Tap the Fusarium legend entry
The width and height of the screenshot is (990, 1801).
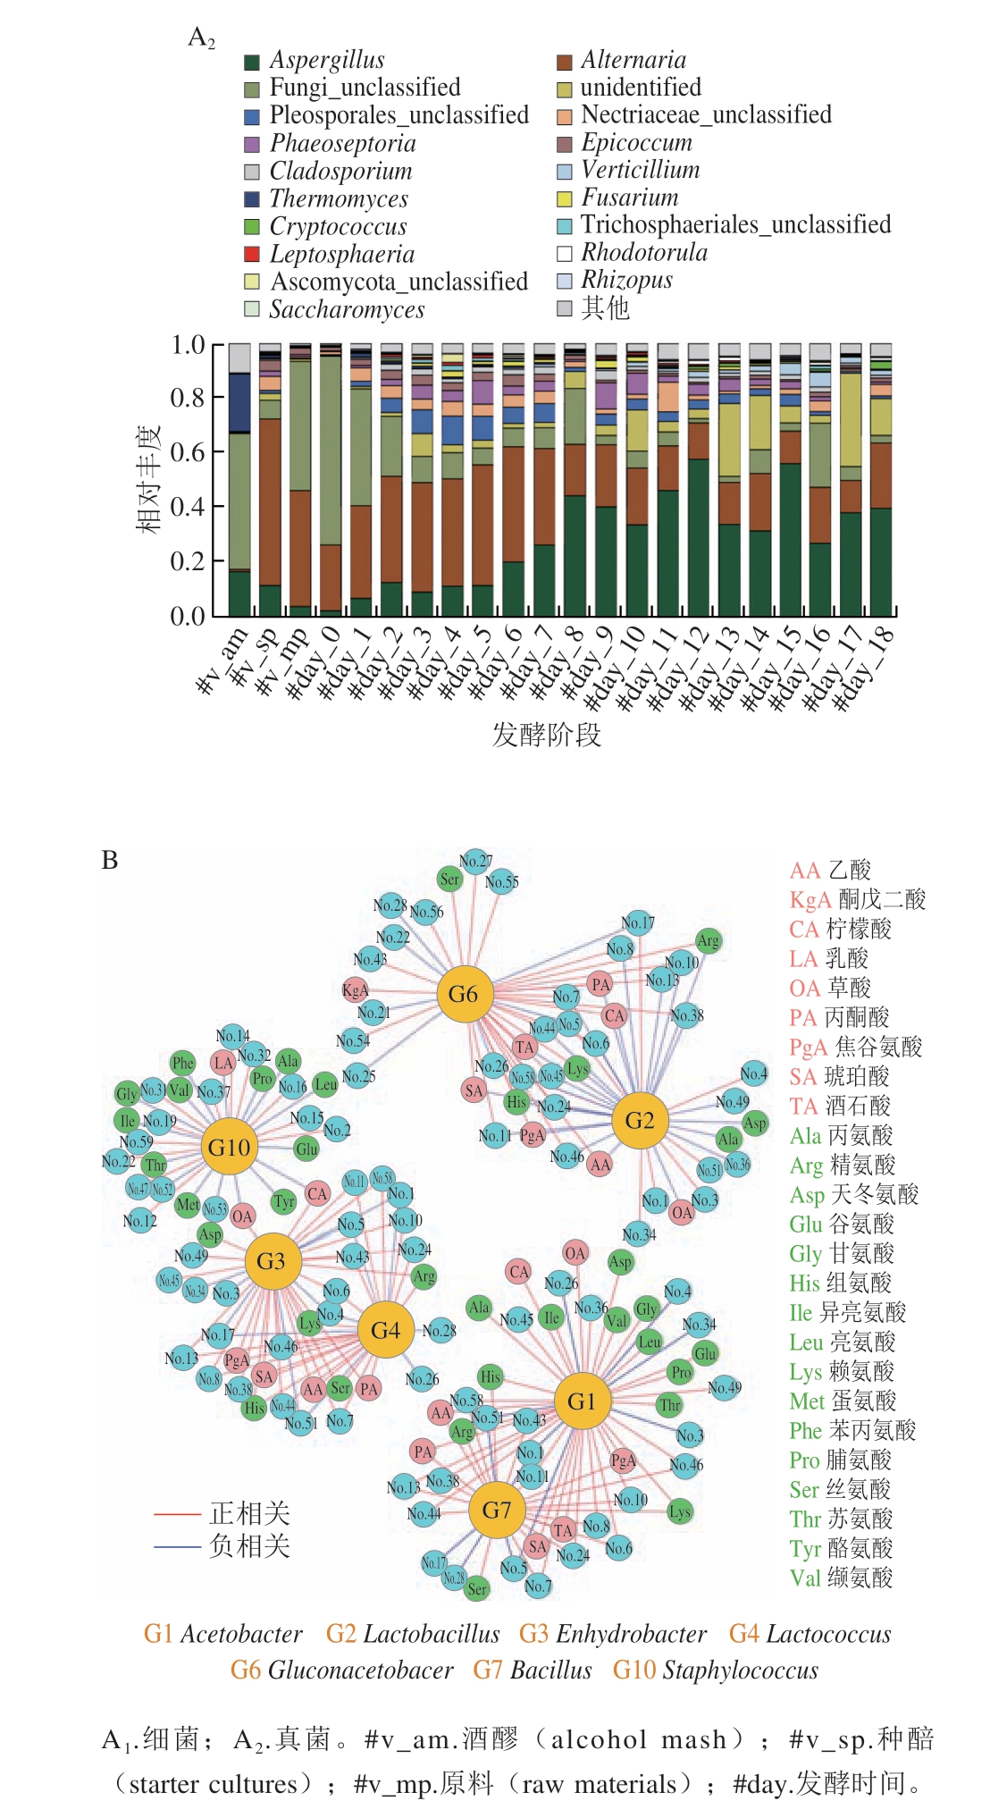click(x=629, y=198)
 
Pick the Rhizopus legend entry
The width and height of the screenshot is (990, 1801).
click(x=626, y=281)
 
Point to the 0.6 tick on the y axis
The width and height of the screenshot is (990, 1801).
click(x=188, y=452)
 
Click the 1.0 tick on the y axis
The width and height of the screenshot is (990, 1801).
click(x=188, y=345)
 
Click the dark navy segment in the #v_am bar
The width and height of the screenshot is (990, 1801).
click(x=239, y=403)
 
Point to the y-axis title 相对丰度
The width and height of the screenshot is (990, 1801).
click(x=148, y=479)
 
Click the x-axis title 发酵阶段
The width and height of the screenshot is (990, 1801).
click(x=547, y=735)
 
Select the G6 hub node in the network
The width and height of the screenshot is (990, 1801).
click(x=464, y=994)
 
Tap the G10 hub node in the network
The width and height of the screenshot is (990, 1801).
click(x=230, y=1147)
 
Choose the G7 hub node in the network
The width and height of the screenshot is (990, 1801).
click(x=497, y=1510)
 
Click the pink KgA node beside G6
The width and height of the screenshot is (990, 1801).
click(x=355, y=990)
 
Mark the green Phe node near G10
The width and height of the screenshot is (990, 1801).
click(x=183, y=1063)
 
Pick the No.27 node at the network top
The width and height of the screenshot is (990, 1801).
click(x=475, y=862)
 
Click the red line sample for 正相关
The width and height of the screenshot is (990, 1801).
click(x=177, y=1514)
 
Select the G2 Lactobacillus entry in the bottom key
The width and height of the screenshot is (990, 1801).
click(x=413, y=1634)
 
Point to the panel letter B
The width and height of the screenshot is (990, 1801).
click(x=110, y=861)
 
